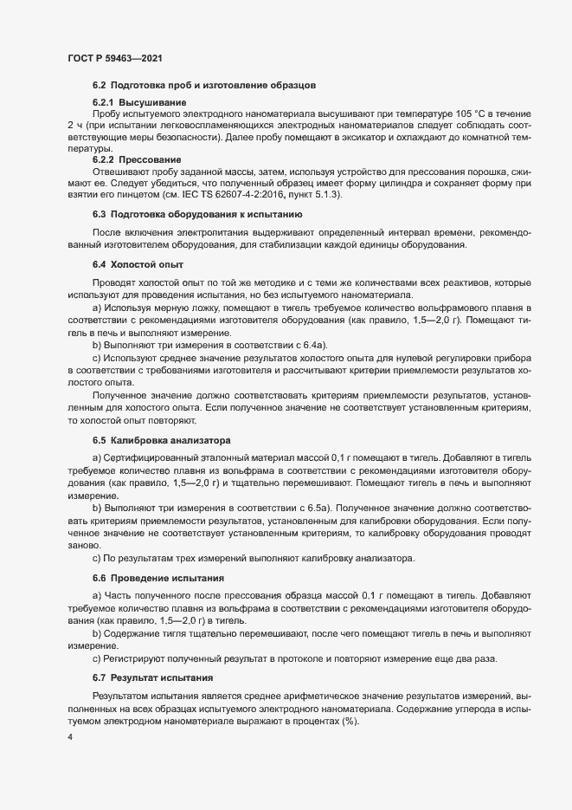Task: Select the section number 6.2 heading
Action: pyautogui.click(x=99, y=85)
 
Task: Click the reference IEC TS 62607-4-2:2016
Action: pyautogui.click(x=245, y=194)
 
